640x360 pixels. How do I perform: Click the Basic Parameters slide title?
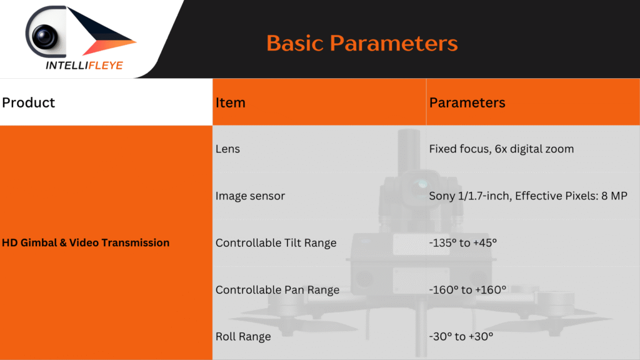pyautogui.click(x=362, y=43)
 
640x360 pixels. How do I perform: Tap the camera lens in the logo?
pyautogui.click(x=44, y=36)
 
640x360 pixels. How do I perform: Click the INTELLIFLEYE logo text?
pyautogui.click(x=84, y=65)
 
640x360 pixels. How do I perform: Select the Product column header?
pyautogui.click(x=28, y=102)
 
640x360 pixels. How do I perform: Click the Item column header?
pyautogui.click(x=230, y=102)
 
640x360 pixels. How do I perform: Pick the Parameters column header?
pyautogui.click(x=467, y=102)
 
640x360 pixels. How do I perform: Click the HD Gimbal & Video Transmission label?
pyautogui.click(x=85, y=242)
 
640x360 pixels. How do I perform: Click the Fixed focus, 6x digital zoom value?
pyautogui.click(x=501, y=149)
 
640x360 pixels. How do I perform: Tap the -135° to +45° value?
pyautogui.click(x=463, y=243)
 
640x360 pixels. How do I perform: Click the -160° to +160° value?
pyautogui.click(x=467, y=290)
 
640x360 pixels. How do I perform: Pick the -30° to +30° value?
pyautogui.click(x=461, y=336)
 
